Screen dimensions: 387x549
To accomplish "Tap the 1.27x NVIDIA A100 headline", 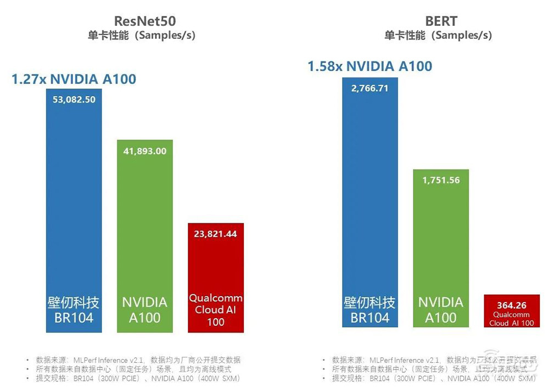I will pos(74,79).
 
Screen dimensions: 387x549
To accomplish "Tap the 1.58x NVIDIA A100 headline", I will pos(369,66).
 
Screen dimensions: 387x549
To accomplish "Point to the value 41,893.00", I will pos(144,151).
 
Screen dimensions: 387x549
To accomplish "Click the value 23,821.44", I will pos(215,233).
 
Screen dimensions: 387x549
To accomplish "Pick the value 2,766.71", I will pos(369,87).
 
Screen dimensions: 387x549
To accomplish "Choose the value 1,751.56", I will pos(440,180).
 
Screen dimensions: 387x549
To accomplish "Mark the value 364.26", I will pos(512,305).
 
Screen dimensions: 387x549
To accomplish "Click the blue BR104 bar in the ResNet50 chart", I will pos(73,220).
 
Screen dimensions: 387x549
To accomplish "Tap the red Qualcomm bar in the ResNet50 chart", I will pos(215,274).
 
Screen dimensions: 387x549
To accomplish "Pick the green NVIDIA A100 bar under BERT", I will pos(440,247).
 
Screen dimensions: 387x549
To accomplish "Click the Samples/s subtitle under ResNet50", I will pos(141,35).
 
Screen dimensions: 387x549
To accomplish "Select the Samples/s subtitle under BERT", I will pos(438,35).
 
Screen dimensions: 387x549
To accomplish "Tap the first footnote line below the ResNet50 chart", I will pos(137,360).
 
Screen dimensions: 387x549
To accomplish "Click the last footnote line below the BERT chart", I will pos(434,379).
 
